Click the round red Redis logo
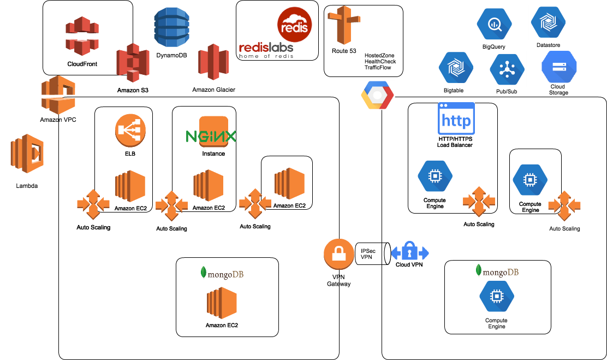pos(295,23)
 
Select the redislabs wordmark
pos(266,50)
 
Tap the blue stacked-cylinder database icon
pos(171,27)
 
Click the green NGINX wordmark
pos(211,136)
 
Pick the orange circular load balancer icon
pos(130,130)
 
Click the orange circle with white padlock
pos(339,254)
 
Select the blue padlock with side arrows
pos(409,253)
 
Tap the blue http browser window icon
pos(456,119)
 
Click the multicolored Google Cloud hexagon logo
pos(377,96)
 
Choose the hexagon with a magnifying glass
pos(494,24)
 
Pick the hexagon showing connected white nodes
pos(507,69)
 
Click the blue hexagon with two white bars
pos(559,67)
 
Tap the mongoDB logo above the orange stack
pos(222,273)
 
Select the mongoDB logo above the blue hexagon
pos(497,271)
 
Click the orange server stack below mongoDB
pos(222,303)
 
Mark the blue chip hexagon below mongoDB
pos(497,297)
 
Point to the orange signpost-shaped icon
pos(344,24)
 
